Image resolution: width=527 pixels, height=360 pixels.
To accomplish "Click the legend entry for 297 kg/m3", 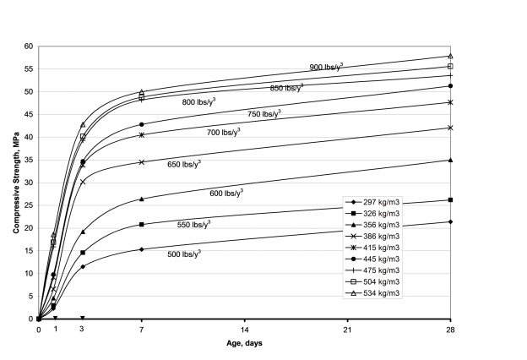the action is [372, 202].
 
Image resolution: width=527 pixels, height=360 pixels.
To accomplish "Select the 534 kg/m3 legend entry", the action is [372, 293].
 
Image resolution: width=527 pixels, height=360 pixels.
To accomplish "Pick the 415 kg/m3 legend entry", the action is [372, 248].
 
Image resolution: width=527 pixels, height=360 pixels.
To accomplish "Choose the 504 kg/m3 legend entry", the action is [372, 282].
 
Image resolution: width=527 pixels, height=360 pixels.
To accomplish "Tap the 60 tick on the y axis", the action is [29, 46].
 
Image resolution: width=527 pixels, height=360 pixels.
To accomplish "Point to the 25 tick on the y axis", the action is [29, 205].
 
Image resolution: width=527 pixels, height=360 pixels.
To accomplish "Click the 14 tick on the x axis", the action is [245, 330].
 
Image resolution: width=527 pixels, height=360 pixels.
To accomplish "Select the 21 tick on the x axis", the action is [347, 330].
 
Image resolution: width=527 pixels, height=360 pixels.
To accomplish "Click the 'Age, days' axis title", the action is [244, 343].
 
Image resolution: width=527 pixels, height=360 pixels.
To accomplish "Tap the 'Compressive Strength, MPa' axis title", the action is [16, 183].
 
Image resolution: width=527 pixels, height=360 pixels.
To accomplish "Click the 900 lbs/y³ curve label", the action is [326, 67].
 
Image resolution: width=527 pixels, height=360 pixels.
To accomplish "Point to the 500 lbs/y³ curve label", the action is [184, 254].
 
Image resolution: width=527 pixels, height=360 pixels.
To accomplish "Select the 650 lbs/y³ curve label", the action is [184, 164].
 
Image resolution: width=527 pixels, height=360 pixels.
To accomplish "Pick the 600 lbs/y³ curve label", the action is [226, 193].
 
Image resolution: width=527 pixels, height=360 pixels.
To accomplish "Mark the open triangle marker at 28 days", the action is [451, 56].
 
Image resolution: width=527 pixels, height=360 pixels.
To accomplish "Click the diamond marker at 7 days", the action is [142, 249].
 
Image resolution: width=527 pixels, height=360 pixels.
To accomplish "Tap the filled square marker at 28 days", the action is [451, 199].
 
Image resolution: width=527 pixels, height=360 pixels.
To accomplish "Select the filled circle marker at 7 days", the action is [142, 124].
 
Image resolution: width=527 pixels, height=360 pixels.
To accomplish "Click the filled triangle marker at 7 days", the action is [142, 199].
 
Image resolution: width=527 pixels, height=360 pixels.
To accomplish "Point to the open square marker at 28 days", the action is [451, 66].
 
